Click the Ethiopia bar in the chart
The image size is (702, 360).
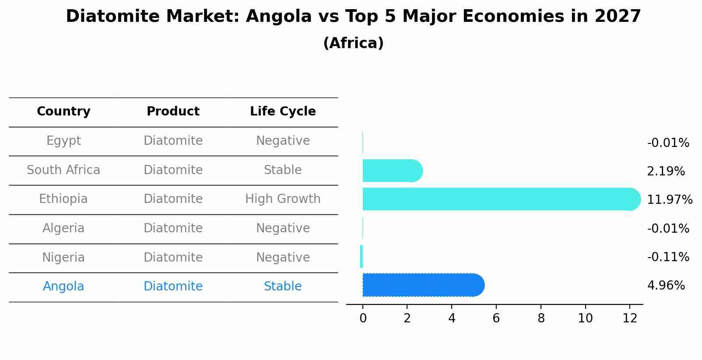point(499,199)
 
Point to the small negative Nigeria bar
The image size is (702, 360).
point(362,256)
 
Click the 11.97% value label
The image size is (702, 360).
point(669,200)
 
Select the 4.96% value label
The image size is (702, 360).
point(666,286)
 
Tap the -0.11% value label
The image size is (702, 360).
point(668,257)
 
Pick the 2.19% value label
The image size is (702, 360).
point(666,171)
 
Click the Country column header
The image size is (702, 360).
point(63,112)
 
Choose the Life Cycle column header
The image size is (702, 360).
point(283,112)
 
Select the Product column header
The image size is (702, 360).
point(173,112)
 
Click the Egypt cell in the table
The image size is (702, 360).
point(63,141)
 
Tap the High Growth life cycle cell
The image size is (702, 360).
point(283,199)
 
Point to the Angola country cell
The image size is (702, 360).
point(63,287)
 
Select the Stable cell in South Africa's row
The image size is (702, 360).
point(283,170)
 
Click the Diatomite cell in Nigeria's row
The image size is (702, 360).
point(173,257)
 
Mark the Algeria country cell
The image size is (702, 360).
point(63,228)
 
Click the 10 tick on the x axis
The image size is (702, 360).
point(585,318)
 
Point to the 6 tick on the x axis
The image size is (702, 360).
point(496,318)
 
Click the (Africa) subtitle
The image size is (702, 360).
point(353,43)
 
